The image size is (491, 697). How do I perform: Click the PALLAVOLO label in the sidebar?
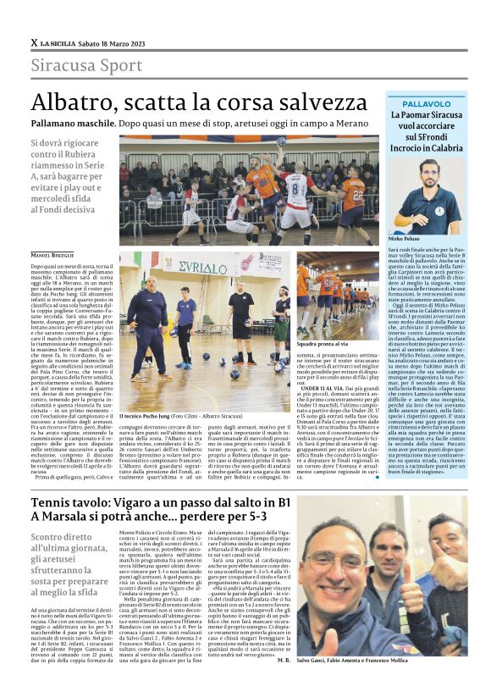coord(420,101)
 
